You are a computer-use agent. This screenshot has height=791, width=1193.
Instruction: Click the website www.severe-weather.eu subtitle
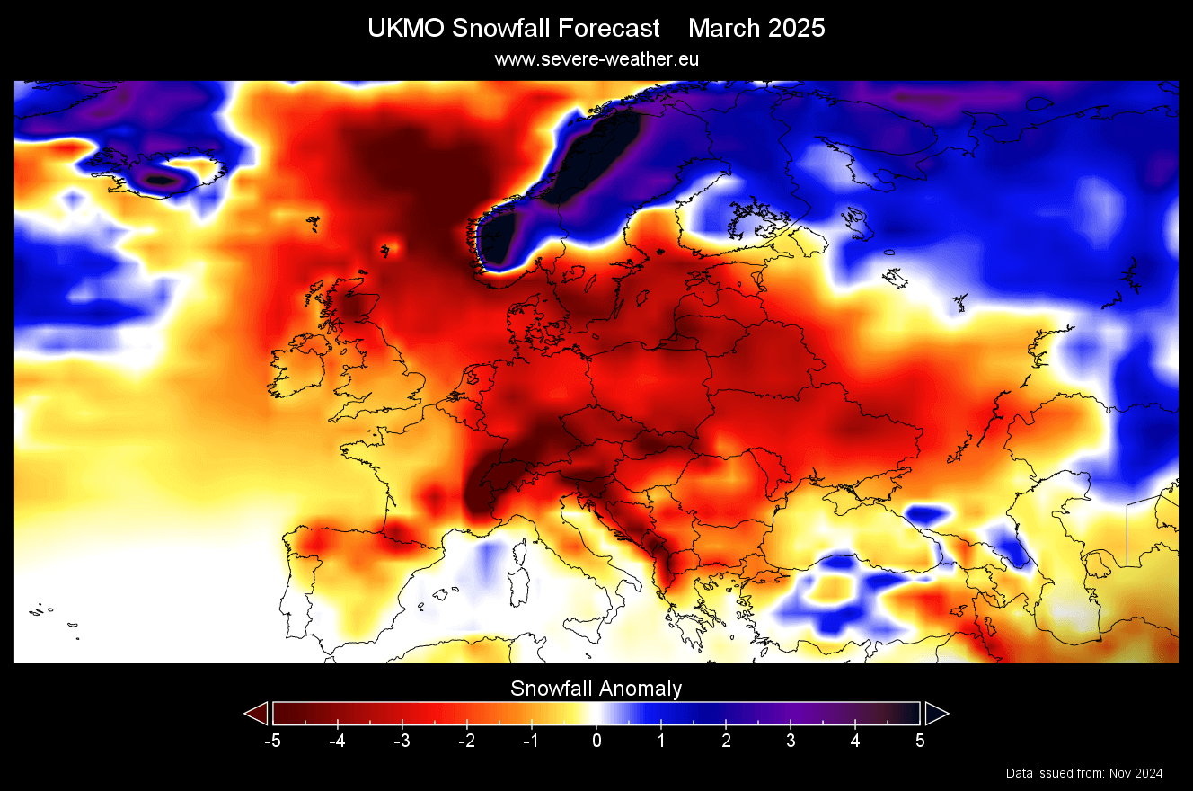[596, 58]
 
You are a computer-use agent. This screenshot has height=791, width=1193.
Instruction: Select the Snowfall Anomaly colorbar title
[596, 689]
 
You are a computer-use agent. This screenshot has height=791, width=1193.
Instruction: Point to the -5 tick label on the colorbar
[271, 741]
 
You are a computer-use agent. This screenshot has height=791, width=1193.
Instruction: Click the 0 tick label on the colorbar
[596, 741]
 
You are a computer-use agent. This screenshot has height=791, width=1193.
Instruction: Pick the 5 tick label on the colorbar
[920, 741]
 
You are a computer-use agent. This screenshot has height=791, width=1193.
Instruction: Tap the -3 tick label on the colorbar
[401, 741]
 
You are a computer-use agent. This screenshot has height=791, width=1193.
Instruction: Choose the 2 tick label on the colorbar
[726, 741]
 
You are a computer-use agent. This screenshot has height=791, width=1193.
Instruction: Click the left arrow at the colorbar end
[257, 714]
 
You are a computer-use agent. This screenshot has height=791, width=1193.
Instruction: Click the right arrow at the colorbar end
[936, 714]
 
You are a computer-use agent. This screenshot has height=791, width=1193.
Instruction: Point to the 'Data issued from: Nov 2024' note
[1084, 773]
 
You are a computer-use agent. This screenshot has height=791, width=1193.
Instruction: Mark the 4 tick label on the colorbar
[855, 741]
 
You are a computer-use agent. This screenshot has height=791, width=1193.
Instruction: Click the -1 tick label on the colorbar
[530, 741]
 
